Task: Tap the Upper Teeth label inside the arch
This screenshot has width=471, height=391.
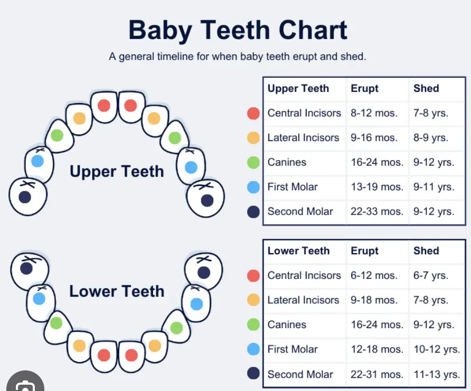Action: click(x=117, y=171)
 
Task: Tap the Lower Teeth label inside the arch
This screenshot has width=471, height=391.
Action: click(x=117, y=291)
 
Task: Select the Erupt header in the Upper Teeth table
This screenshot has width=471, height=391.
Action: click(x=364, y=89)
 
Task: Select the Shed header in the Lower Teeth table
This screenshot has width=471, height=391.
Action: click(x=426, y=251)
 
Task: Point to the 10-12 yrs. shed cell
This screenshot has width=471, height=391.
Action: click(x=436, y=349)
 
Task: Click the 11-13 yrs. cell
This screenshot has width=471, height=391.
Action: click(x=436, y=375)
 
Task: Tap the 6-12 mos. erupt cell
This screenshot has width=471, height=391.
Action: click(x=374, y=275)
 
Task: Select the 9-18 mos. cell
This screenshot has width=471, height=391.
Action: click(x=374, y=300)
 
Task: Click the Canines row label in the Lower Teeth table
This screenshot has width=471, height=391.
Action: click(x=287, y=324)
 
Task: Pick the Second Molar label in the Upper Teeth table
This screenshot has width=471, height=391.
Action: click(x=300, y=212)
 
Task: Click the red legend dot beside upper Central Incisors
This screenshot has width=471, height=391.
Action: click(x=253, y=113)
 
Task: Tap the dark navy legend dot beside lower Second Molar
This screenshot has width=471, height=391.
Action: click(x=253, y=374)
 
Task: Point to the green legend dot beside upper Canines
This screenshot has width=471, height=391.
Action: click(x=253, y=162)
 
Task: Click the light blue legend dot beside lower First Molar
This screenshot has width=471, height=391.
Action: click(x=253, y=349)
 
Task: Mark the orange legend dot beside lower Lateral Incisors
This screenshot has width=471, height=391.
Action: click(x=253, y=300)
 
